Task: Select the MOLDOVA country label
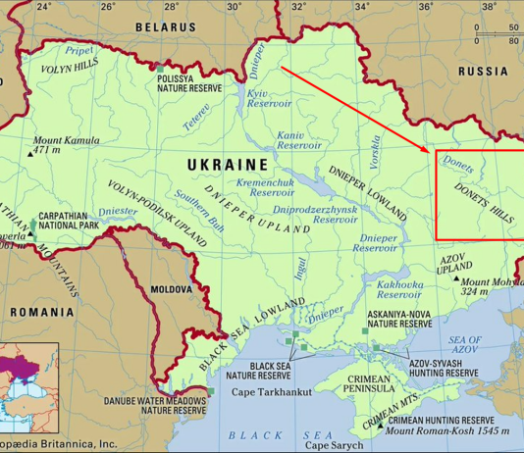pos(173,290)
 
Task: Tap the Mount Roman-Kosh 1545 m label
pos(447,430)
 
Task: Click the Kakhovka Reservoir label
pos(400,289)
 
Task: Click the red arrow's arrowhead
pos(429,152)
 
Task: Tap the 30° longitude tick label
pos(234,7)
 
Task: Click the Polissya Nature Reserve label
pos(188,81)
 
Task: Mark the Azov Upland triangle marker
pos(456,278)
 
